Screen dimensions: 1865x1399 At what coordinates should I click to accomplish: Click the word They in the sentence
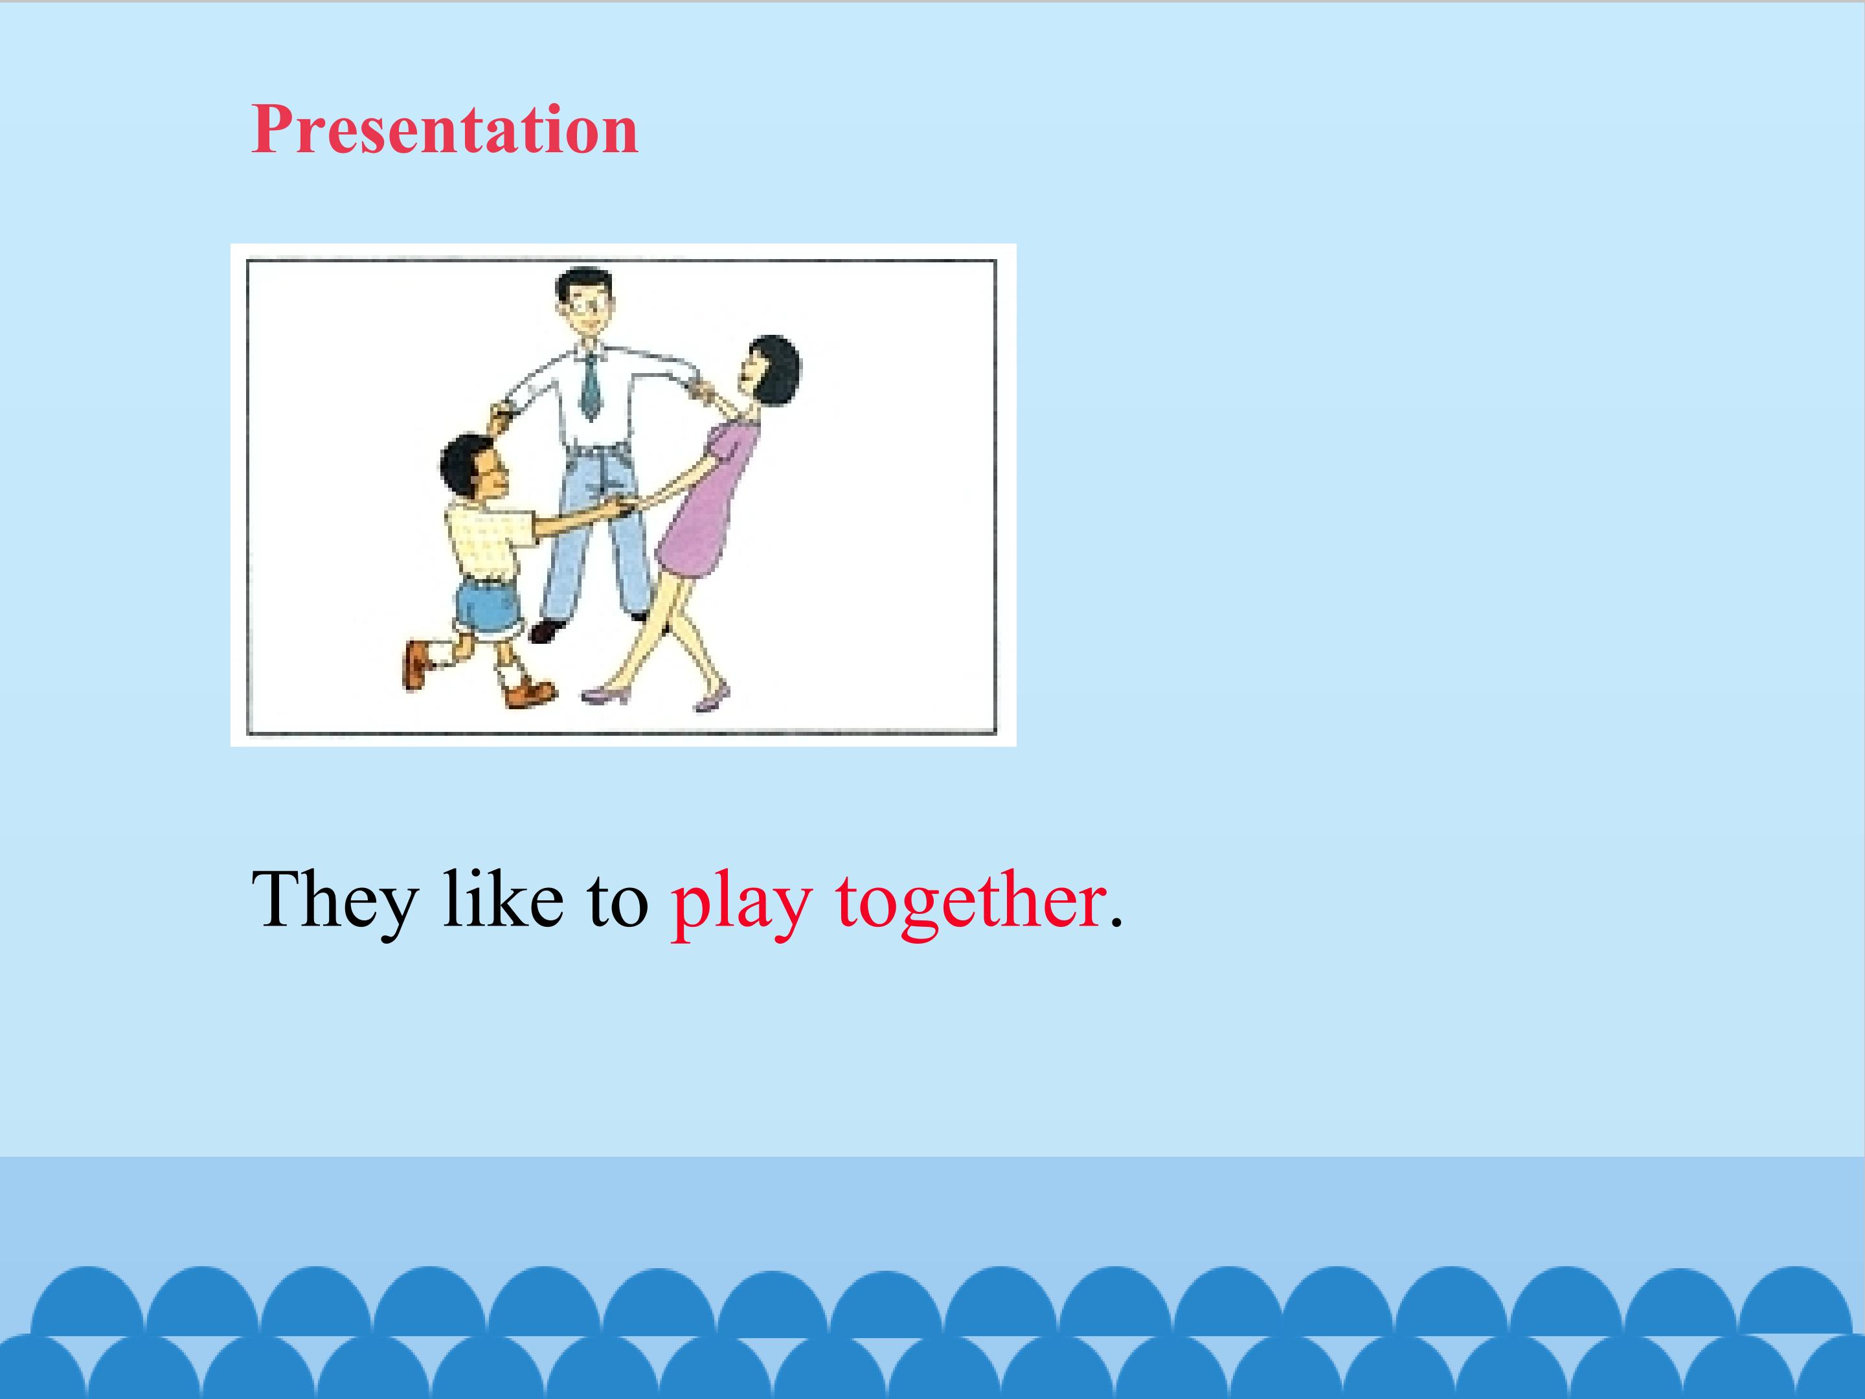(334, 902)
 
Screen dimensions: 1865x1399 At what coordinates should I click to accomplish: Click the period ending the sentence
(1116, 924)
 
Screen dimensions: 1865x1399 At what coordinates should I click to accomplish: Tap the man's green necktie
(591, 385)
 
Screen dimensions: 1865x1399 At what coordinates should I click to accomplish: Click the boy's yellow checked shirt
(488, 538)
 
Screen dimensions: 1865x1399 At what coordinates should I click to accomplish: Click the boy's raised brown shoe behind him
(416, 665)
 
